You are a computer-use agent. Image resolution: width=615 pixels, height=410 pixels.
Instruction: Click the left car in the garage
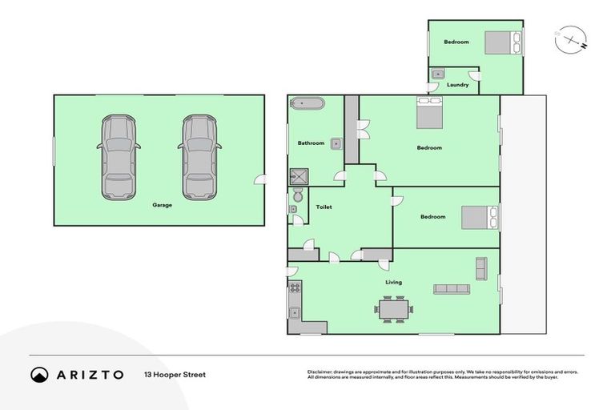pos(119,158)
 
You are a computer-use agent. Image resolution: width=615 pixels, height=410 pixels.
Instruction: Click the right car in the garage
pos(199,158)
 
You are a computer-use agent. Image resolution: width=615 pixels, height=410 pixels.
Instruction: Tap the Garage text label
pos(163,205)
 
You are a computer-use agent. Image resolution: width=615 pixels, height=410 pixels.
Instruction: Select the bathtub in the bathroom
pos(307,102)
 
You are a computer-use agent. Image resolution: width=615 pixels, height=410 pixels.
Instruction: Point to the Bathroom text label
pos(311,143)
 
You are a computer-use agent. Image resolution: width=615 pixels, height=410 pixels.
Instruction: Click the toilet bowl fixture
pos(298,195)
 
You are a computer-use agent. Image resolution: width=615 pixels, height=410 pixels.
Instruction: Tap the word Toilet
pos(324,207)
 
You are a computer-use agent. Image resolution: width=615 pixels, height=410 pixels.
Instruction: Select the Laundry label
pos(457,84)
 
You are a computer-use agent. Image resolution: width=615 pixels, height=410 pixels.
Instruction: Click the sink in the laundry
pos(437,74)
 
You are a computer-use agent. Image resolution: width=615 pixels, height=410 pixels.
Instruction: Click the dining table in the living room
pos(395,307)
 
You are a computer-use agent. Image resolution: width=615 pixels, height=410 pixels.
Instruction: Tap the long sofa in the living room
pos(452,289)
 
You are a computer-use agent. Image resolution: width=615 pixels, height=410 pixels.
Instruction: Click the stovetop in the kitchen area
pos(295,287)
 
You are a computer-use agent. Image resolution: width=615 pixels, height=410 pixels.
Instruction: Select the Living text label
pos(393,282)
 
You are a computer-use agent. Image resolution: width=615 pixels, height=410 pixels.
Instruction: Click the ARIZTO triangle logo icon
pos(39,375)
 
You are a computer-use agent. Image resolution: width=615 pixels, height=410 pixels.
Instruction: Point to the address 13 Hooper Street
pos(175,375)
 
